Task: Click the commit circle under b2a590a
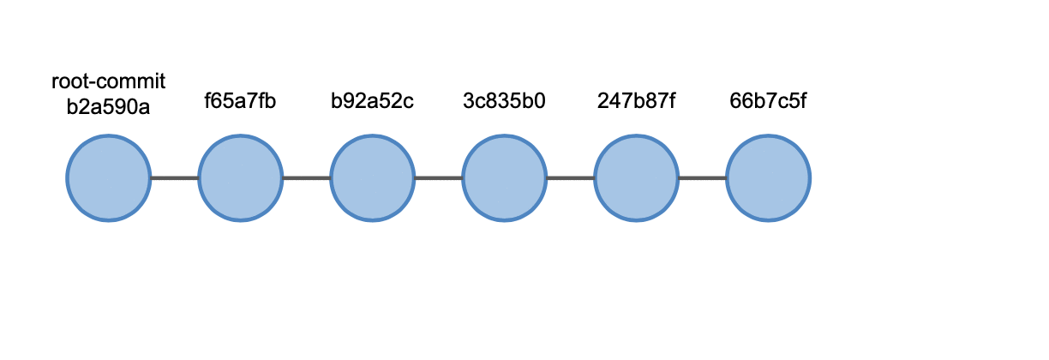click(108, 178)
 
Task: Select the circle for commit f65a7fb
click(240, 178)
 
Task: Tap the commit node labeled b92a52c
click(372, 178)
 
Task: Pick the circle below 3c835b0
click(505, 178)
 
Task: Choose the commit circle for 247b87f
click(637, 178)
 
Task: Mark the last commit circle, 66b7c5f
click(769, 178)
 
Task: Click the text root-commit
click(108, 81)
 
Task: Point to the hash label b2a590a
click(108, 107)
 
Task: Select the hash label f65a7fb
click(240, 100)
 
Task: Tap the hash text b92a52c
click(372, 100)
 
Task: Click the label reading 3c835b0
click(505, 100)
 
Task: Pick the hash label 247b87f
click(637, 100)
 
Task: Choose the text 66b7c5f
click(769, 100)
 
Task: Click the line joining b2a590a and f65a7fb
click(174, 178)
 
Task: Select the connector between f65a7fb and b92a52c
click(306, 178)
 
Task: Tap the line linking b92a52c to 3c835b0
click(438, 178)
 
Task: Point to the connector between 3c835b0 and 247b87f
click(571, 178)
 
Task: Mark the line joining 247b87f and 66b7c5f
click(703, 178)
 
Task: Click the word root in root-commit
click(71, 81)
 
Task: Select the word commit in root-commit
click(132, 81)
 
